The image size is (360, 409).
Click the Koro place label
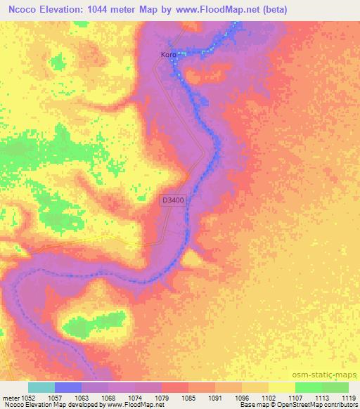(168, 53)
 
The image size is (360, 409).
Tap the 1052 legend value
(27, 397)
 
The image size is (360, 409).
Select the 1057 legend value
(53, 397)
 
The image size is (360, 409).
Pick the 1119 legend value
(349, 397)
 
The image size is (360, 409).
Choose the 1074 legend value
(135, 397)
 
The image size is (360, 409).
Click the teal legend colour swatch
(41, 387)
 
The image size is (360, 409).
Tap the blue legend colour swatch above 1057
(68, 387)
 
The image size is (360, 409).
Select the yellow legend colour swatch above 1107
(282, 387)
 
